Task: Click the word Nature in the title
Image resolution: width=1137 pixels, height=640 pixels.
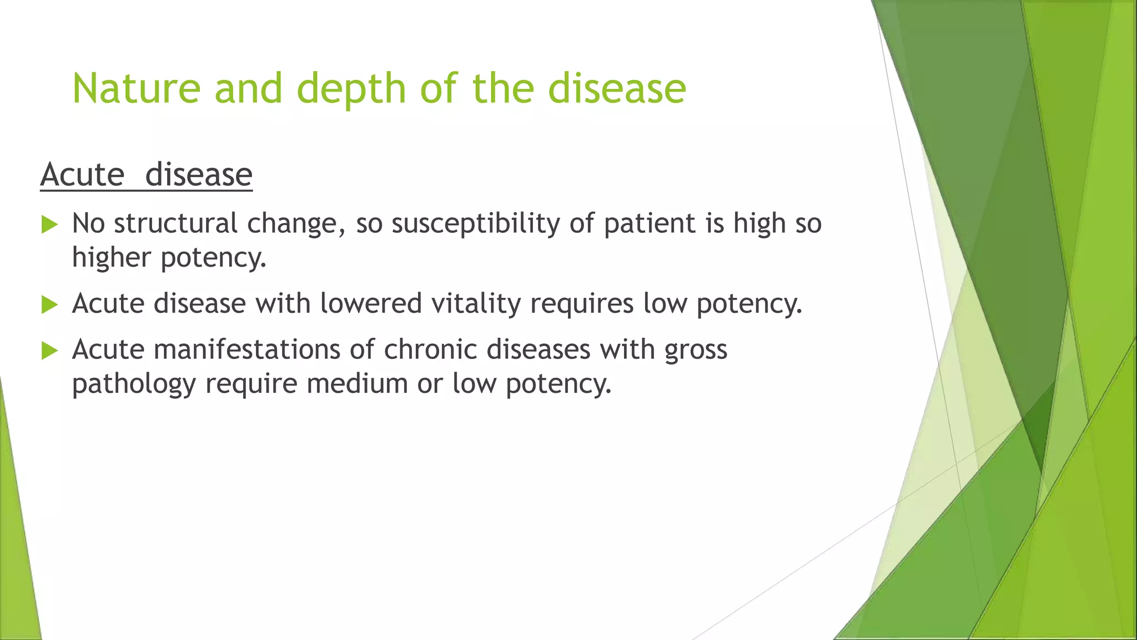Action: point(136,89)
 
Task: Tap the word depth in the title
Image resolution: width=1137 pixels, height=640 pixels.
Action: point(351,89)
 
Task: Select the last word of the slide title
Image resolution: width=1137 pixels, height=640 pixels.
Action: point(617,89)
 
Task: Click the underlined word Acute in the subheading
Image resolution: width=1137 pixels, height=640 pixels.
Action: point(82,175)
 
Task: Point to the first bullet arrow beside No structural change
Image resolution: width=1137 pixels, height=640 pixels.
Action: point(49,225)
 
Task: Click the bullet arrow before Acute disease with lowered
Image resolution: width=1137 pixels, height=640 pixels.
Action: point(49,305)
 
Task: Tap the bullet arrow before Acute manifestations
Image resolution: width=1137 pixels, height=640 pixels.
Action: point(49,351)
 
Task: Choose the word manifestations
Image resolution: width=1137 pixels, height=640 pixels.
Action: point(247,350)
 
